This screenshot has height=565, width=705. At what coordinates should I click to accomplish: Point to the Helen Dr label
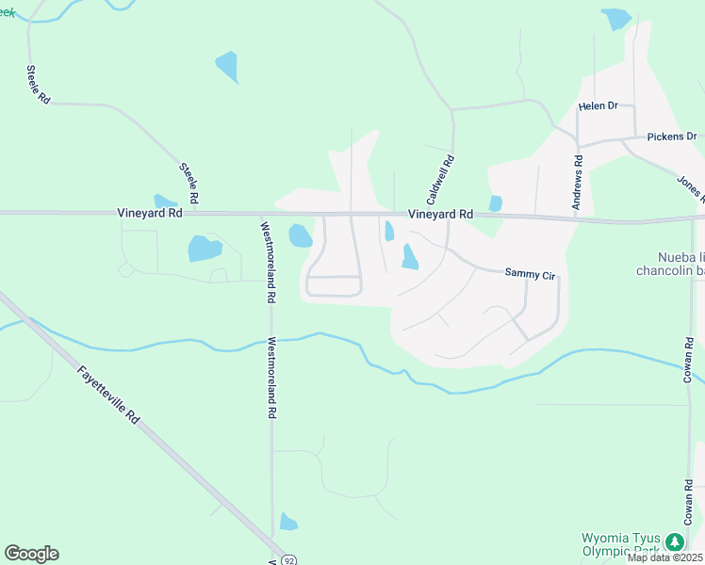click(x=598, y=105)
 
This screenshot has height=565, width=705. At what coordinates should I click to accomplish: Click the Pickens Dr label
click(x=671, y=137)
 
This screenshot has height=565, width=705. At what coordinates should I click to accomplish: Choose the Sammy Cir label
click(x=532, y=273)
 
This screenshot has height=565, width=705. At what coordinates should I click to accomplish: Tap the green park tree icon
click(x=674, y=541)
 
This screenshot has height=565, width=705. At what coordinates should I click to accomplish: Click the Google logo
click(x=31, y=554)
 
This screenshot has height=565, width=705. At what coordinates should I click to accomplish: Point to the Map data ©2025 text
click(x=664, y=557)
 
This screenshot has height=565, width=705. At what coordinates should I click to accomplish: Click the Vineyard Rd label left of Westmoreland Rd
click(x=150, y=214)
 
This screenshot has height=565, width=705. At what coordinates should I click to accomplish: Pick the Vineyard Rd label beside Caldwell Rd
click(x=440, y=215)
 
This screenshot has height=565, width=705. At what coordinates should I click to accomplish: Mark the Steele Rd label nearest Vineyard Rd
click(x=189, y=183)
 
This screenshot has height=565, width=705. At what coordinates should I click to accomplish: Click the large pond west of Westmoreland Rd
click(x=205, y=249)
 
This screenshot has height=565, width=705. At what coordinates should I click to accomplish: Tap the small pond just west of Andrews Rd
click(x=496, y=202)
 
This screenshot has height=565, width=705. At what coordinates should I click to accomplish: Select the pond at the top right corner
click(x=616, y=19)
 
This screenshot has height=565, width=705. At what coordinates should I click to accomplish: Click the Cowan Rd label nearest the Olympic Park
click(x=689, y=507)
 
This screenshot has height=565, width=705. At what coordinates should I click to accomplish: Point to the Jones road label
click(x=691, y=188)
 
